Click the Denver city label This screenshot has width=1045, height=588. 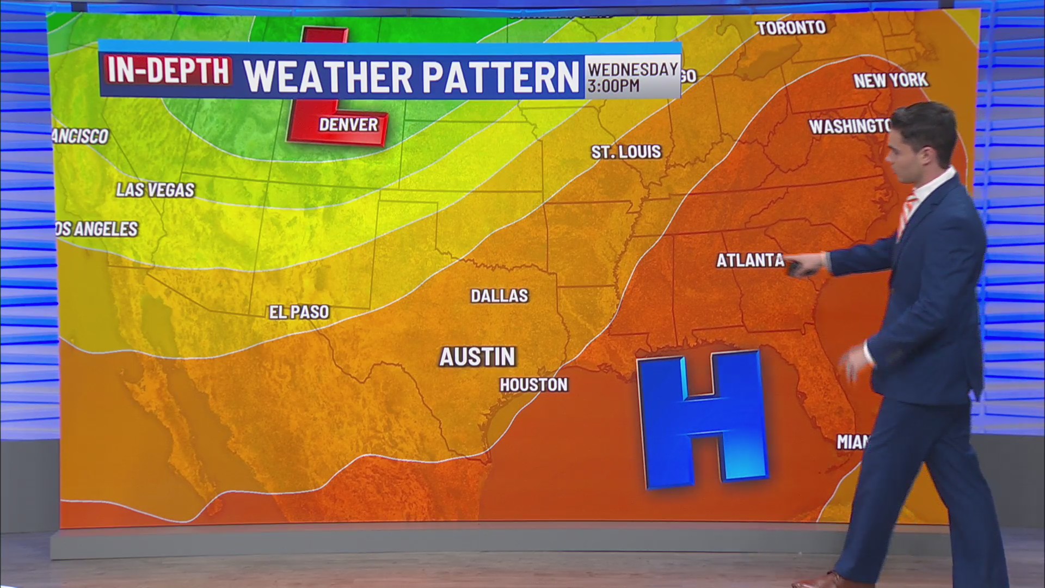click(348, 125)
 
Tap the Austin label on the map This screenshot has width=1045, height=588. click(477, 357)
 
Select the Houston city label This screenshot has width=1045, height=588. click(533, 385)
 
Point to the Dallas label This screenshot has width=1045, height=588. click(499, 296)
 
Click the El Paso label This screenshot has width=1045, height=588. click(299, 312)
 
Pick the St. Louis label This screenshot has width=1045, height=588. click(626, 152)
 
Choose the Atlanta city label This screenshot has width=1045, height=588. click(749, 261)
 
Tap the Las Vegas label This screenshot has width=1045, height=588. click(155, 190)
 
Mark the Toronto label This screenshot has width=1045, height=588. click(791, 28)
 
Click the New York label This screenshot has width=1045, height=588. click(890, 81)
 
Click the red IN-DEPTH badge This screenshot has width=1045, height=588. click(168, 71)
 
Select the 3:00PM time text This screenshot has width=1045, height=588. click(613, 86)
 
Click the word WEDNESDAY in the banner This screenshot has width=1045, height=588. click(632, 69)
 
